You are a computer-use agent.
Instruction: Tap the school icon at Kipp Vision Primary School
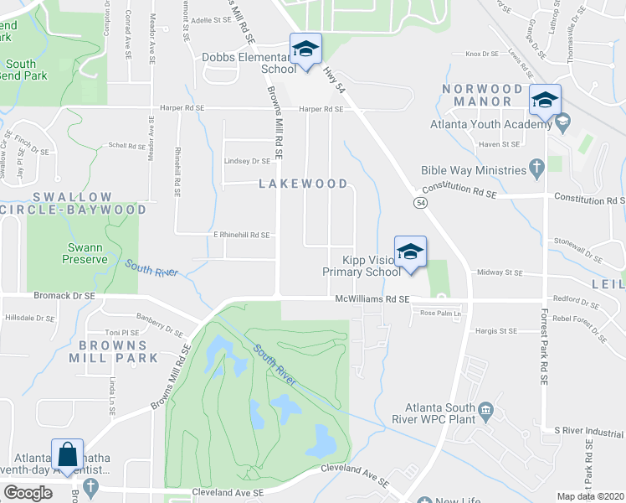click(410, 252)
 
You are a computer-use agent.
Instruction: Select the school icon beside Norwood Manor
click(545, 101)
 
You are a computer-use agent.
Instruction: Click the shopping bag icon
click(67, 455)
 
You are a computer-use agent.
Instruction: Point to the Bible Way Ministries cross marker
click(536, 169)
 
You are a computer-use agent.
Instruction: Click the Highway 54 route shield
click(420, 203)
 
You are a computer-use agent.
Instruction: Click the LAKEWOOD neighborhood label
click(302, 183)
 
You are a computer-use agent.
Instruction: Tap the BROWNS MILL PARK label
click(118, 357)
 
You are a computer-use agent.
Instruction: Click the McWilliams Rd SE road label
click(372, 298)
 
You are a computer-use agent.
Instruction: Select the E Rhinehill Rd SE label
click(241, 236)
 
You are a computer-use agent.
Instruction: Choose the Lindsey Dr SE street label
click(247, 161)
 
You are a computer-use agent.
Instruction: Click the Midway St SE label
click(499, 272)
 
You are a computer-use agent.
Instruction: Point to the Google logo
click(28, 492)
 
